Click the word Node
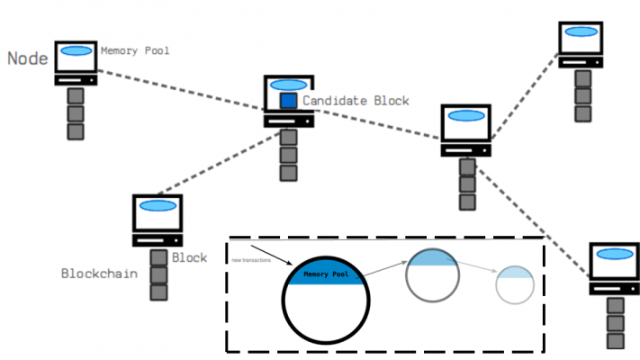(x=27, y=58)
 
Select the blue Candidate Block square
(x=288, y=101)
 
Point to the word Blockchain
(x=99, y=273)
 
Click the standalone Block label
(x=190, y=257)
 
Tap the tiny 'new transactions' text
(x=247, y=260)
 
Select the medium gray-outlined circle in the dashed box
(x=433, y=274)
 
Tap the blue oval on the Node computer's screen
(x=77, y=50)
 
